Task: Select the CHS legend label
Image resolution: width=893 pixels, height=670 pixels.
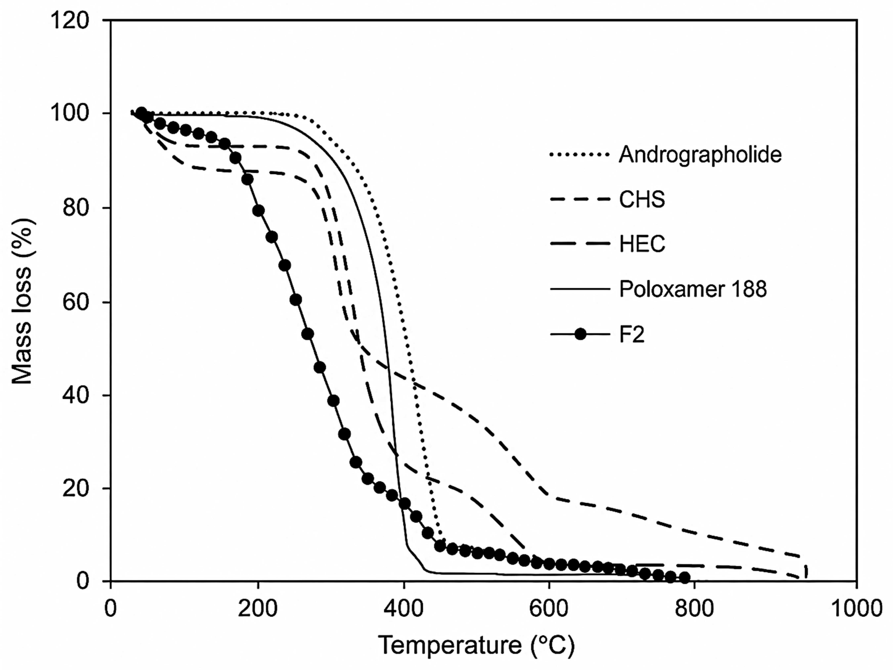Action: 642,199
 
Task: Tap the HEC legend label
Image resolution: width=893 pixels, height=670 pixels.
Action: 642,244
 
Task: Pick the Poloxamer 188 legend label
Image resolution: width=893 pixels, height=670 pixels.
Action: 693,289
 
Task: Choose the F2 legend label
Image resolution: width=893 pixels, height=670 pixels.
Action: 632,334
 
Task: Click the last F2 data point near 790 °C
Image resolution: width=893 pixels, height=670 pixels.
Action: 685,578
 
